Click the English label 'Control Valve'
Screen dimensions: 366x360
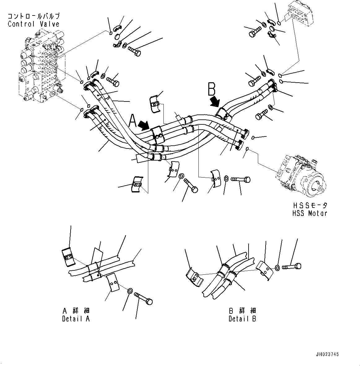pyautogui.click(x=33, y=24)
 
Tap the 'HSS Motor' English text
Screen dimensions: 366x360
pyautogui.click(x=309, y=213)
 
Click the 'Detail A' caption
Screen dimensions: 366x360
pyautogui.click(x=76, y=319)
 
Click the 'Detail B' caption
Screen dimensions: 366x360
pyautogui.click(x=242, y=319)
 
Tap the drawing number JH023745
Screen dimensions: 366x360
pyautogui.click(x=329, y=355)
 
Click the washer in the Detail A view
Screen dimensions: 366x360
pyautogui.click(x=130, y=291)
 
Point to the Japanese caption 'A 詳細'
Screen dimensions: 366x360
pyautogui.click(x=76, y=311)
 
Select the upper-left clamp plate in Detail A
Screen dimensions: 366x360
pyautogui.click(x=68, y=256)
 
